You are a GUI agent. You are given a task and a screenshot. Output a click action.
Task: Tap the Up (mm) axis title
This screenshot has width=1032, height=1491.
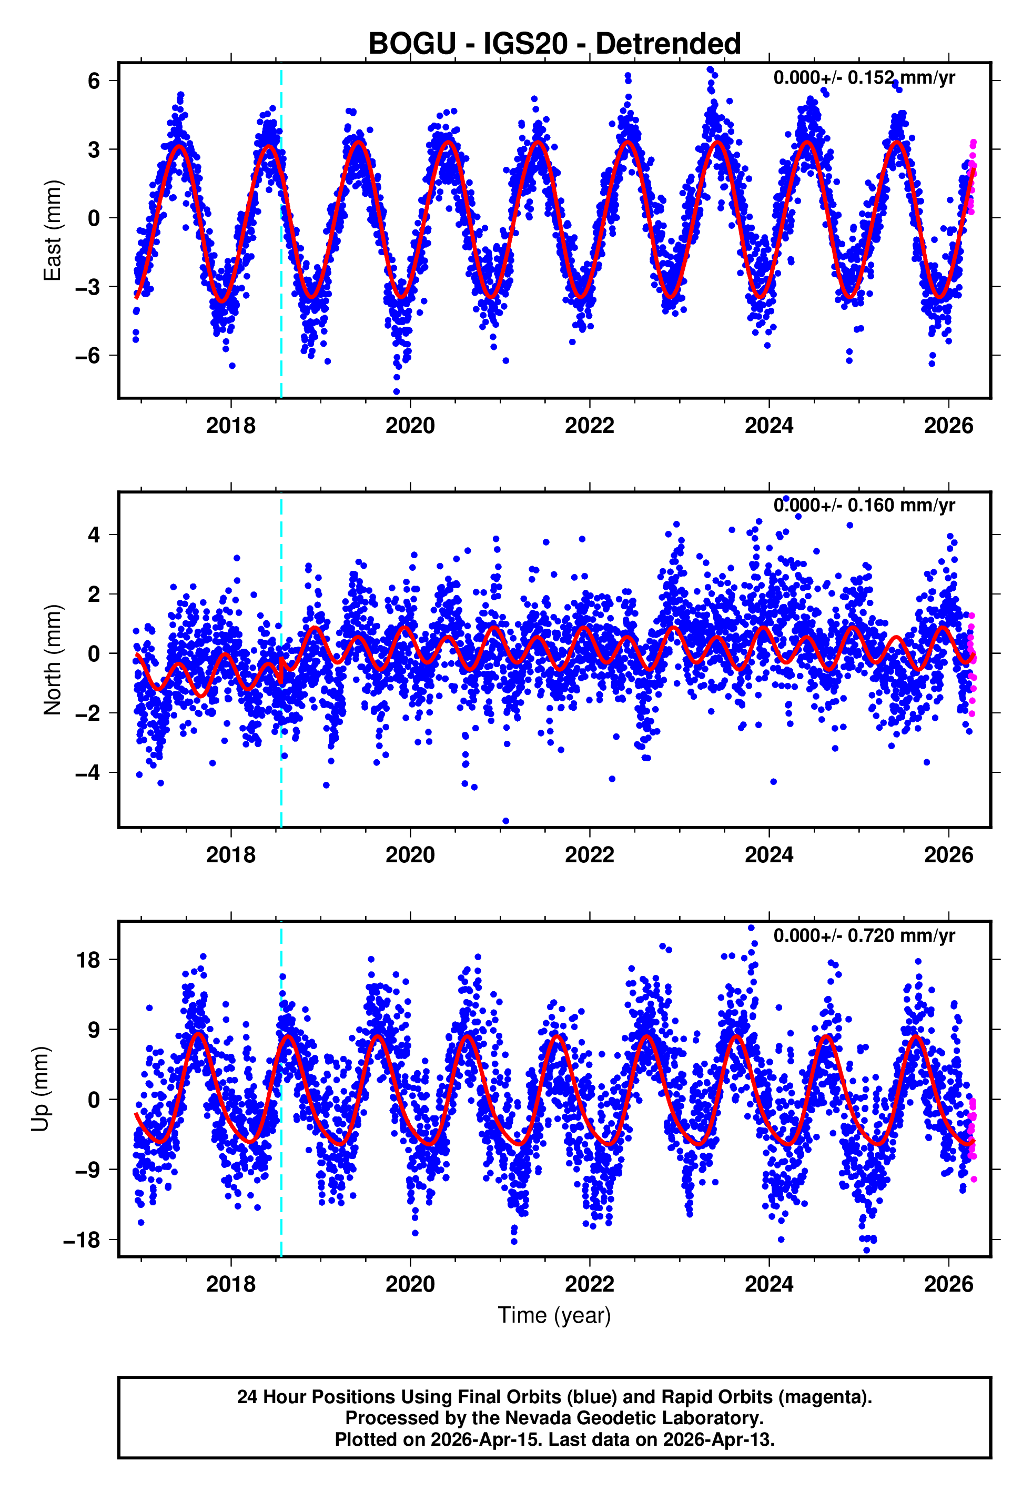[x=40, y=1089]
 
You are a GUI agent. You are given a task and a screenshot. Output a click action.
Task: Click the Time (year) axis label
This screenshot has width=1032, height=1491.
[x=554, y=1315]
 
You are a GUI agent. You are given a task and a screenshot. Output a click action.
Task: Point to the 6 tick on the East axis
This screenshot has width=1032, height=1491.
[x=94, y=81]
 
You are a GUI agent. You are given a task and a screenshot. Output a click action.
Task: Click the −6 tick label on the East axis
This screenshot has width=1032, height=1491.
[x=88, y=356]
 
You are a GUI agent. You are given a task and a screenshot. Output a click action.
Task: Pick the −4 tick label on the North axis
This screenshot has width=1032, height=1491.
[x=88, y=773]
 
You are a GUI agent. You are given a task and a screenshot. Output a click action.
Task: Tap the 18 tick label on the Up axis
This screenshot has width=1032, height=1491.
[x=88, y=960]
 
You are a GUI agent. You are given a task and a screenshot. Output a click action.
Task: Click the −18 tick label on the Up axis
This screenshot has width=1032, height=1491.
[x=82, y=1240]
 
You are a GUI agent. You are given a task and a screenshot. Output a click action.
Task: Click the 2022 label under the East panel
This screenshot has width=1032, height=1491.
[x=589, y=426]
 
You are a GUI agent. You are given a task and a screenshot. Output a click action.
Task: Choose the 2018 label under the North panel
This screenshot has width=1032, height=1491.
[x=231, y=855]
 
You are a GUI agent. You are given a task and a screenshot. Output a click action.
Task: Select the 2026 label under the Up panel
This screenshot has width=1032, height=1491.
[x=948, y=1284]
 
